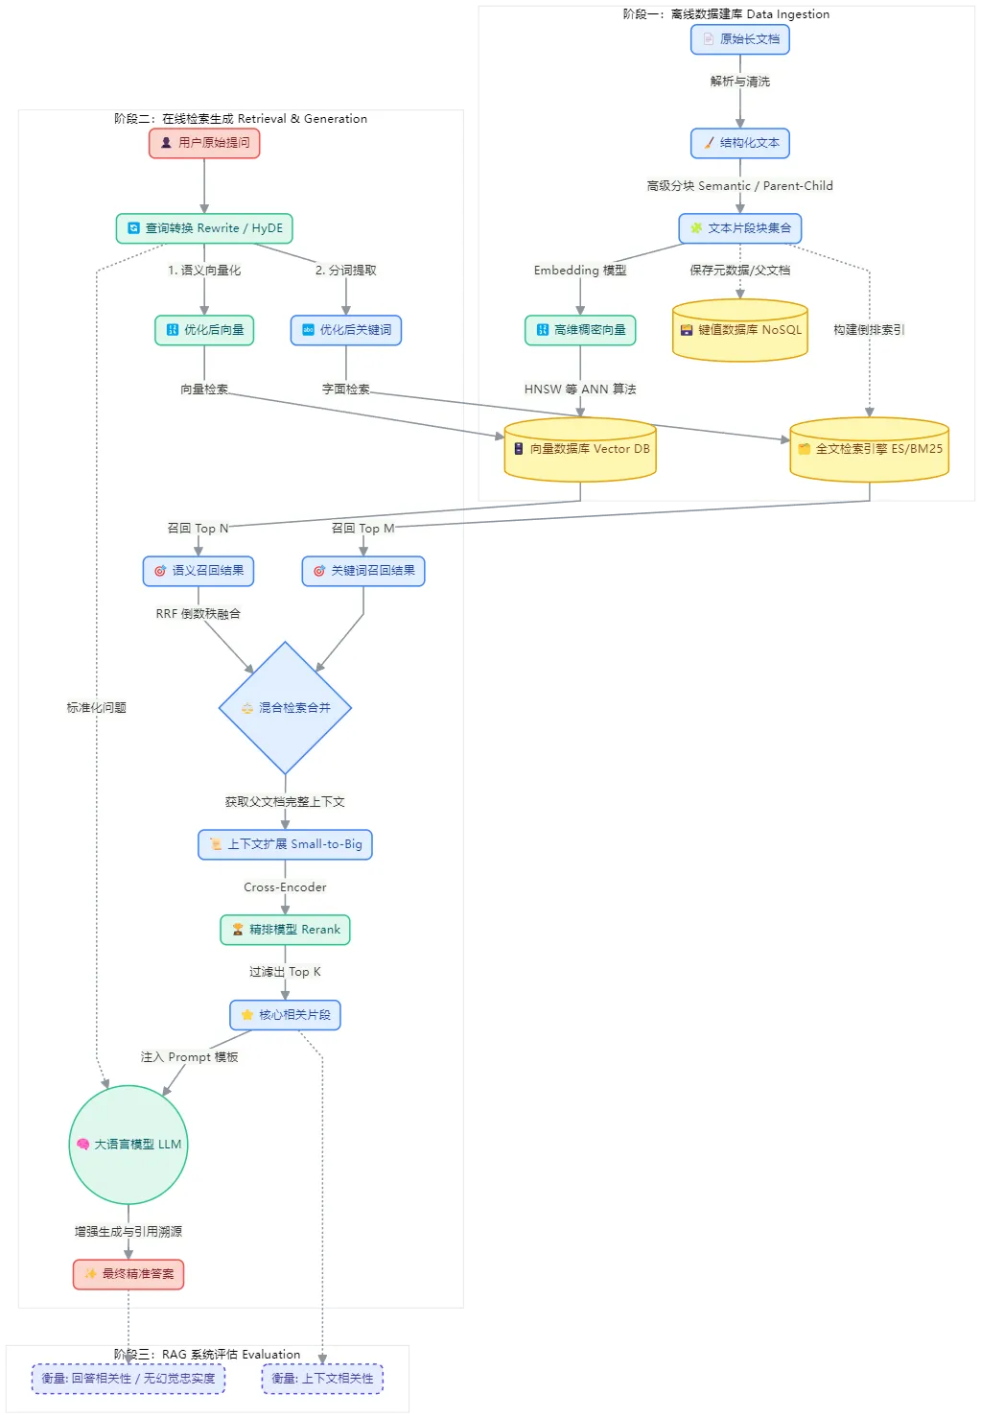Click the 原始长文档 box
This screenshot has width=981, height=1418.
click(740, 39)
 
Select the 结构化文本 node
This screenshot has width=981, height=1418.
click(740, 143)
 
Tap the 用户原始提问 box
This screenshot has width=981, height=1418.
click(204, 143)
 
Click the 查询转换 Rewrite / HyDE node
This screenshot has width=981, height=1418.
click(204, 228)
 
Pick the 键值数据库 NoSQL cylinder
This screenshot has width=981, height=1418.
click(740, 330)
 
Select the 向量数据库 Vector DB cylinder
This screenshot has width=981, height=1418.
click(580, 449)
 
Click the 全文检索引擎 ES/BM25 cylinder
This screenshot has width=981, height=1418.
click(870, 449)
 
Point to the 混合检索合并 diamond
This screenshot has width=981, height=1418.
click(285, 708)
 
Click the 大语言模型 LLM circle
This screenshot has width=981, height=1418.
click(128, 1145)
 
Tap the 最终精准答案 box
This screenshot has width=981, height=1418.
click(128, 1274)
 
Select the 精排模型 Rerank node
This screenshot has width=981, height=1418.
click(285, 930)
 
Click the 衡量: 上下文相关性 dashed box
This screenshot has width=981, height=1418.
click(323, 1379)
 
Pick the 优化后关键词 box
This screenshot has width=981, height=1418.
click(346, 330)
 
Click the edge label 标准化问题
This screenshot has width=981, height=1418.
click(96, 708)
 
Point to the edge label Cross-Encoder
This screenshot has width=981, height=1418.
click(285, 887)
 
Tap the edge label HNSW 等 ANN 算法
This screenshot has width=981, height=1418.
click(580, 390)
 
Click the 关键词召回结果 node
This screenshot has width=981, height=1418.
click(363, 571)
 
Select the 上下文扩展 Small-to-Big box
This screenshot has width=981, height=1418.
click(285, 844)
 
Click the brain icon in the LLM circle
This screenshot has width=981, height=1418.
click(82, 1145)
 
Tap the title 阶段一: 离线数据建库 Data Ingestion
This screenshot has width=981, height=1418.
click(726, 14)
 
